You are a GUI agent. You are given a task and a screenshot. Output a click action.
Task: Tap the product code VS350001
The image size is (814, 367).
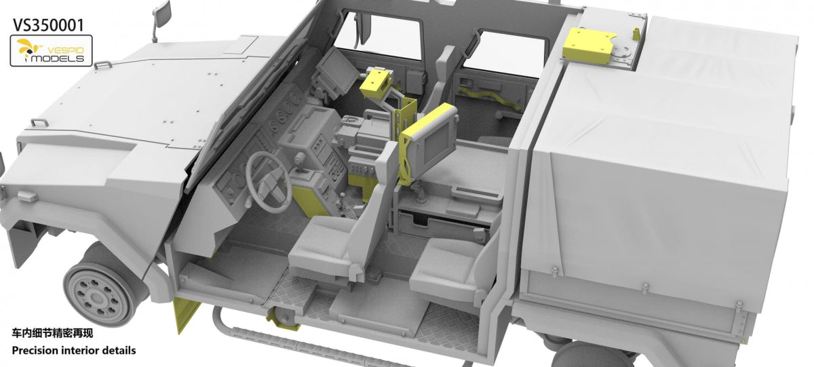click(x=48, y=25)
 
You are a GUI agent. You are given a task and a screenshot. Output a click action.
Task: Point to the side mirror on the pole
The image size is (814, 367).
click(x=161, y=14)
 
